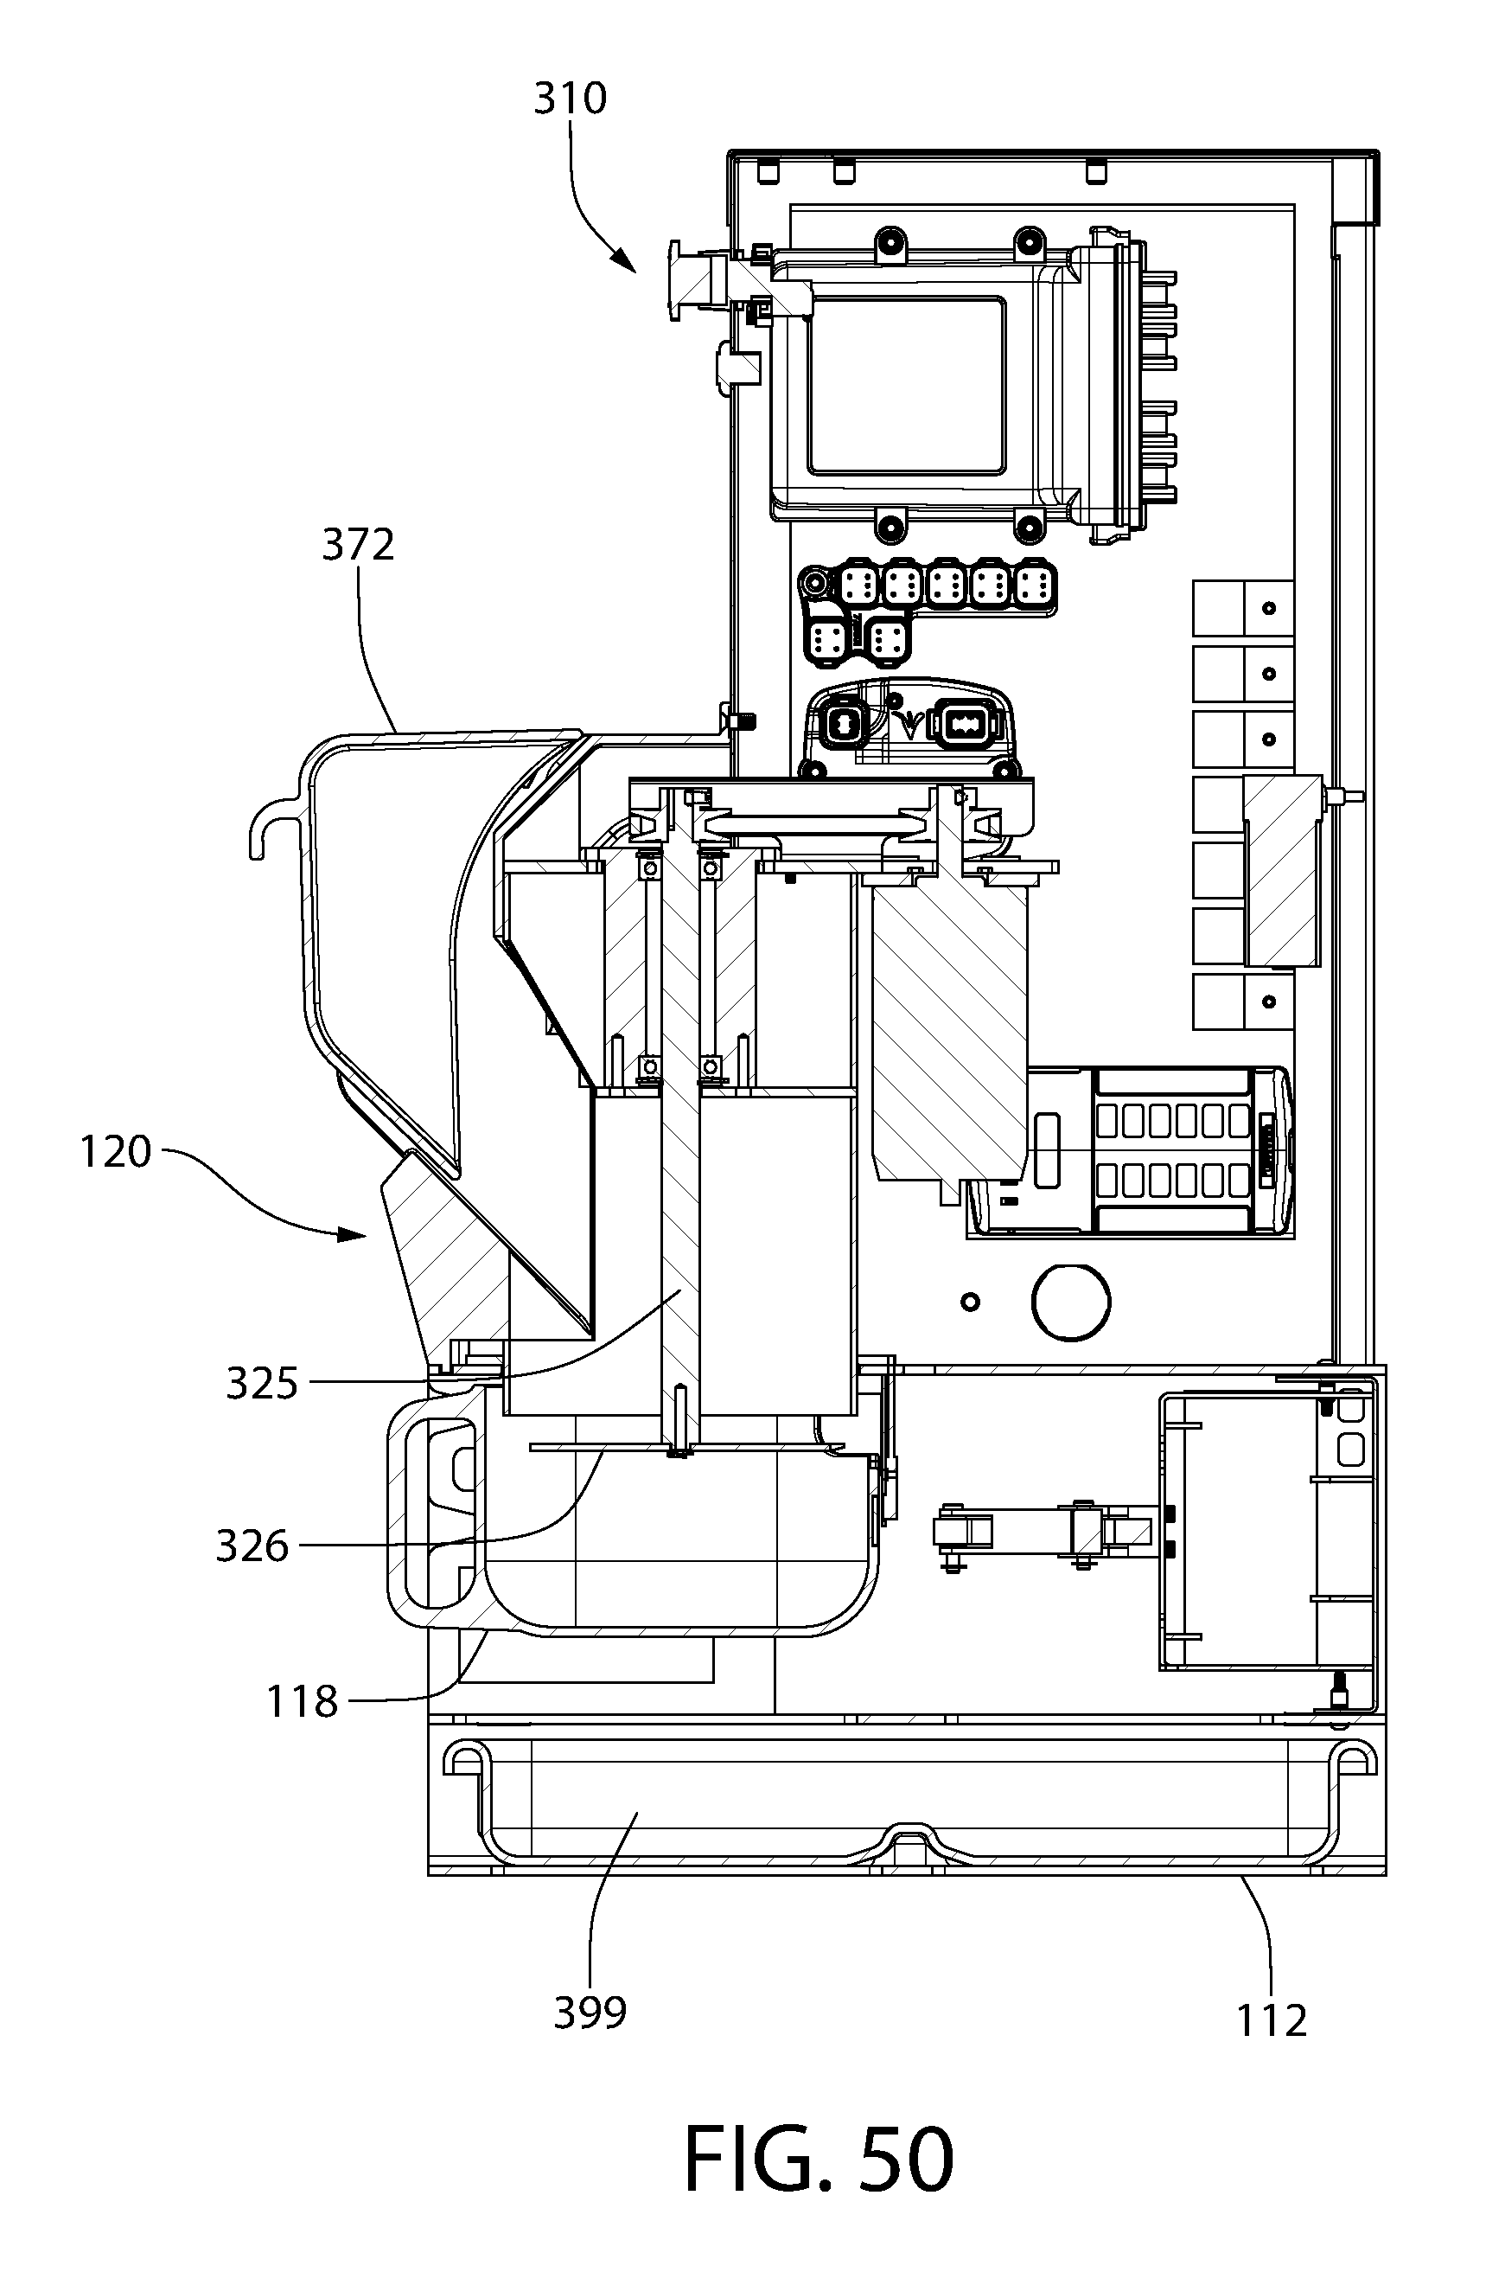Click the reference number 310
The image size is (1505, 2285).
coord(571,99)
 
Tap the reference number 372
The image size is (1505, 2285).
coord(358,546)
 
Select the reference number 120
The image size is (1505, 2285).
coord(115,1152)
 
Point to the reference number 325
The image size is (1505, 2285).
coord(262,1384)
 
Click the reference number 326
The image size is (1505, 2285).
coord(252,1546)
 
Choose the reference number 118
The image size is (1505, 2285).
coord(303,1703)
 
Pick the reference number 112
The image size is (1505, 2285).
coord(1272,2021)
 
